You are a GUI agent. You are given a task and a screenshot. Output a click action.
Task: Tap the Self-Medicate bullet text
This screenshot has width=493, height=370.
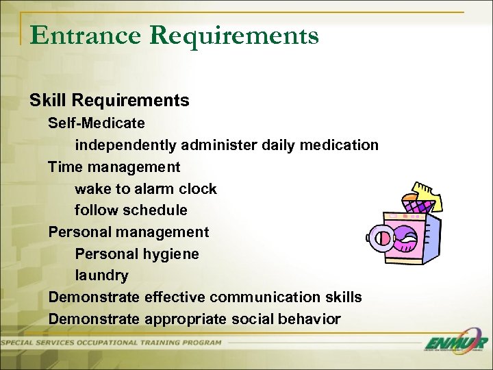click(97, 123)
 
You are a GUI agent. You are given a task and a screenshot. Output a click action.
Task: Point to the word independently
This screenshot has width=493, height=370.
click(127, 145)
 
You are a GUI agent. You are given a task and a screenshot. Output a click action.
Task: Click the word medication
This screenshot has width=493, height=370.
click(340, 145)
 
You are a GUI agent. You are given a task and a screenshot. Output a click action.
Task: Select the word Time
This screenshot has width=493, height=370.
click(64, 167)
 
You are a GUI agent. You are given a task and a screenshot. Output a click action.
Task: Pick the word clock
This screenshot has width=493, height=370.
click(197, 189)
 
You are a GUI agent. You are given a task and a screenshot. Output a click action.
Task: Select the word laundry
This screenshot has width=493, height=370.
click(101, 276)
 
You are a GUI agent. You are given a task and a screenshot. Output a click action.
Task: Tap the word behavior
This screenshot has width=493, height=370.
click(305, 319)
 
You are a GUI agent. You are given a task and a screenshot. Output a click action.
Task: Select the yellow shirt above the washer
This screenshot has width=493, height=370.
click(425, 195)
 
